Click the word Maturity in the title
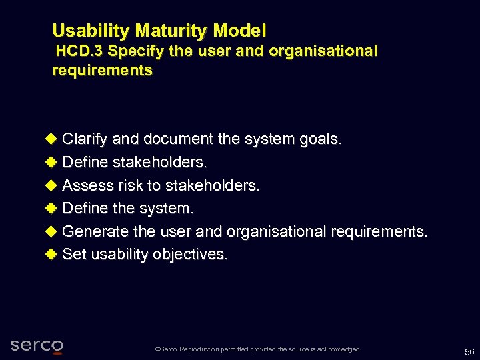(x=172, y=31)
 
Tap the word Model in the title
(x=240, y=31)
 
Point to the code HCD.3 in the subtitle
(x=79, y=51)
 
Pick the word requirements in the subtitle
(x=102, y=71)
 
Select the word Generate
(x=95, y=231)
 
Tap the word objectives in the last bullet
(x=190, y=255)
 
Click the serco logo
(x=37, y=345)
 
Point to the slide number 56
(x=469, y=351)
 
